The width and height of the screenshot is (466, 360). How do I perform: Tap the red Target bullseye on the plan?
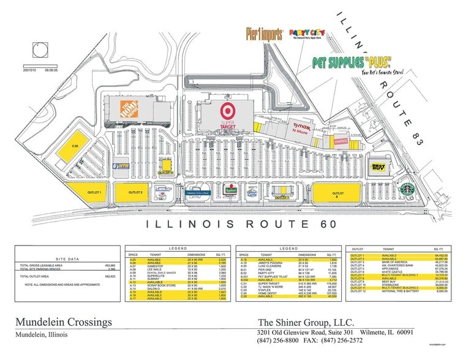click(x=228, y=111)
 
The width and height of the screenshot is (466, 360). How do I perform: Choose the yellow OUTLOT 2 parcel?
click(x=137, y=193)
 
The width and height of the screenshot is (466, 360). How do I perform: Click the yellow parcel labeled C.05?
click(x=75, y=146)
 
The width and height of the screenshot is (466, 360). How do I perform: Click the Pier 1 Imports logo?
click(x=263, y=32)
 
